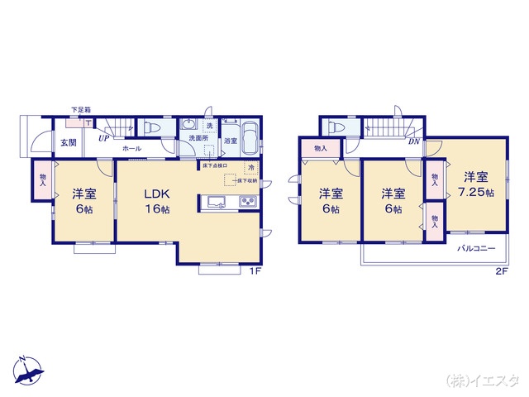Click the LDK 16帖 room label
(x=157, y=201)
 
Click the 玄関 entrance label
(x=68, y=142)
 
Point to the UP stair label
(x=104, y=138)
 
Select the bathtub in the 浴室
(x=250, y=132)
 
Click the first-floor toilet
(x=152, y=127)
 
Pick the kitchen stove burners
(x=247, y=203)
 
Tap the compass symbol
(x=27, y=371)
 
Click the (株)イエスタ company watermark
(x=483, y=380)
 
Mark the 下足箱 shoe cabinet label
(x=80, y=110)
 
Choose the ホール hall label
(x=131, y=149)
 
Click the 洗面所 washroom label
(x=196, y=138)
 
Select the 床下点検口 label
(x=215, y=165)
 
